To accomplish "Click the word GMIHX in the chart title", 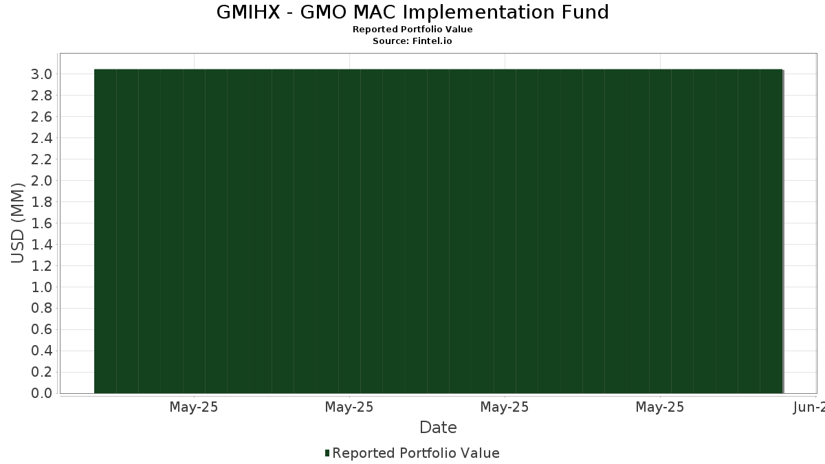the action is click(248, 12).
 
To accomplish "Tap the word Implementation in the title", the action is click(479, 13).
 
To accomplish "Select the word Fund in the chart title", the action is click(585, 12).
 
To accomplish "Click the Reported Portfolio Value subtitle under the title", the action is click(412, 30).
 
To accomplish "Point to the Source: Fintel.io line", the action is click(412, 41).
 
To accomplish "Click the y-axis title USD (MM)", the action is click(17, 223).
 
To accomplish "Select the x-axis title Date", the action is click(438, 428).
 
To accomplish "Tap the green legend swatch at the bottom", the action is click(327, 453).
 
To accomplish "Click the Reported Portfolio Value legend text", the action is click(416, 453).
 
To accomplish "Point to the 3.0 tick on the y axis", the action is click(41, 74).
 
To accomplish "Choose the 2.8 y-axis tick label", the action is click(41, 96).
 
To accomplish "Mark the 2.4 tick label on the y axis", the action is click(41, 138).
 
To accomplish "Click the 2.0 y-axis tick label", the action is click(41, 181).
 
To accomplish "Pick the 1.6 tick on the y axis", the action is click(41, 223).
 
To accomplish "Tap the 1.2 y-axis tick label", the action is click(41, 266).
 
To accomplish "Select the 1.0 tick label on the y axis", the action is click(41, 287).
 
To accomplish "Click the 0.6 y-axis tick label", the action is click(41, 329).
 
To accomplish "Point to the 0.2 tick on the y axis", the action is click(41, 373).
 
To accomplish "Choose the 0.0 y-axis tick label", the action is click(41, 393).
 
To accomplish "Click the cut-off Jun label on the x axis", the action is click(809, 407).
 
